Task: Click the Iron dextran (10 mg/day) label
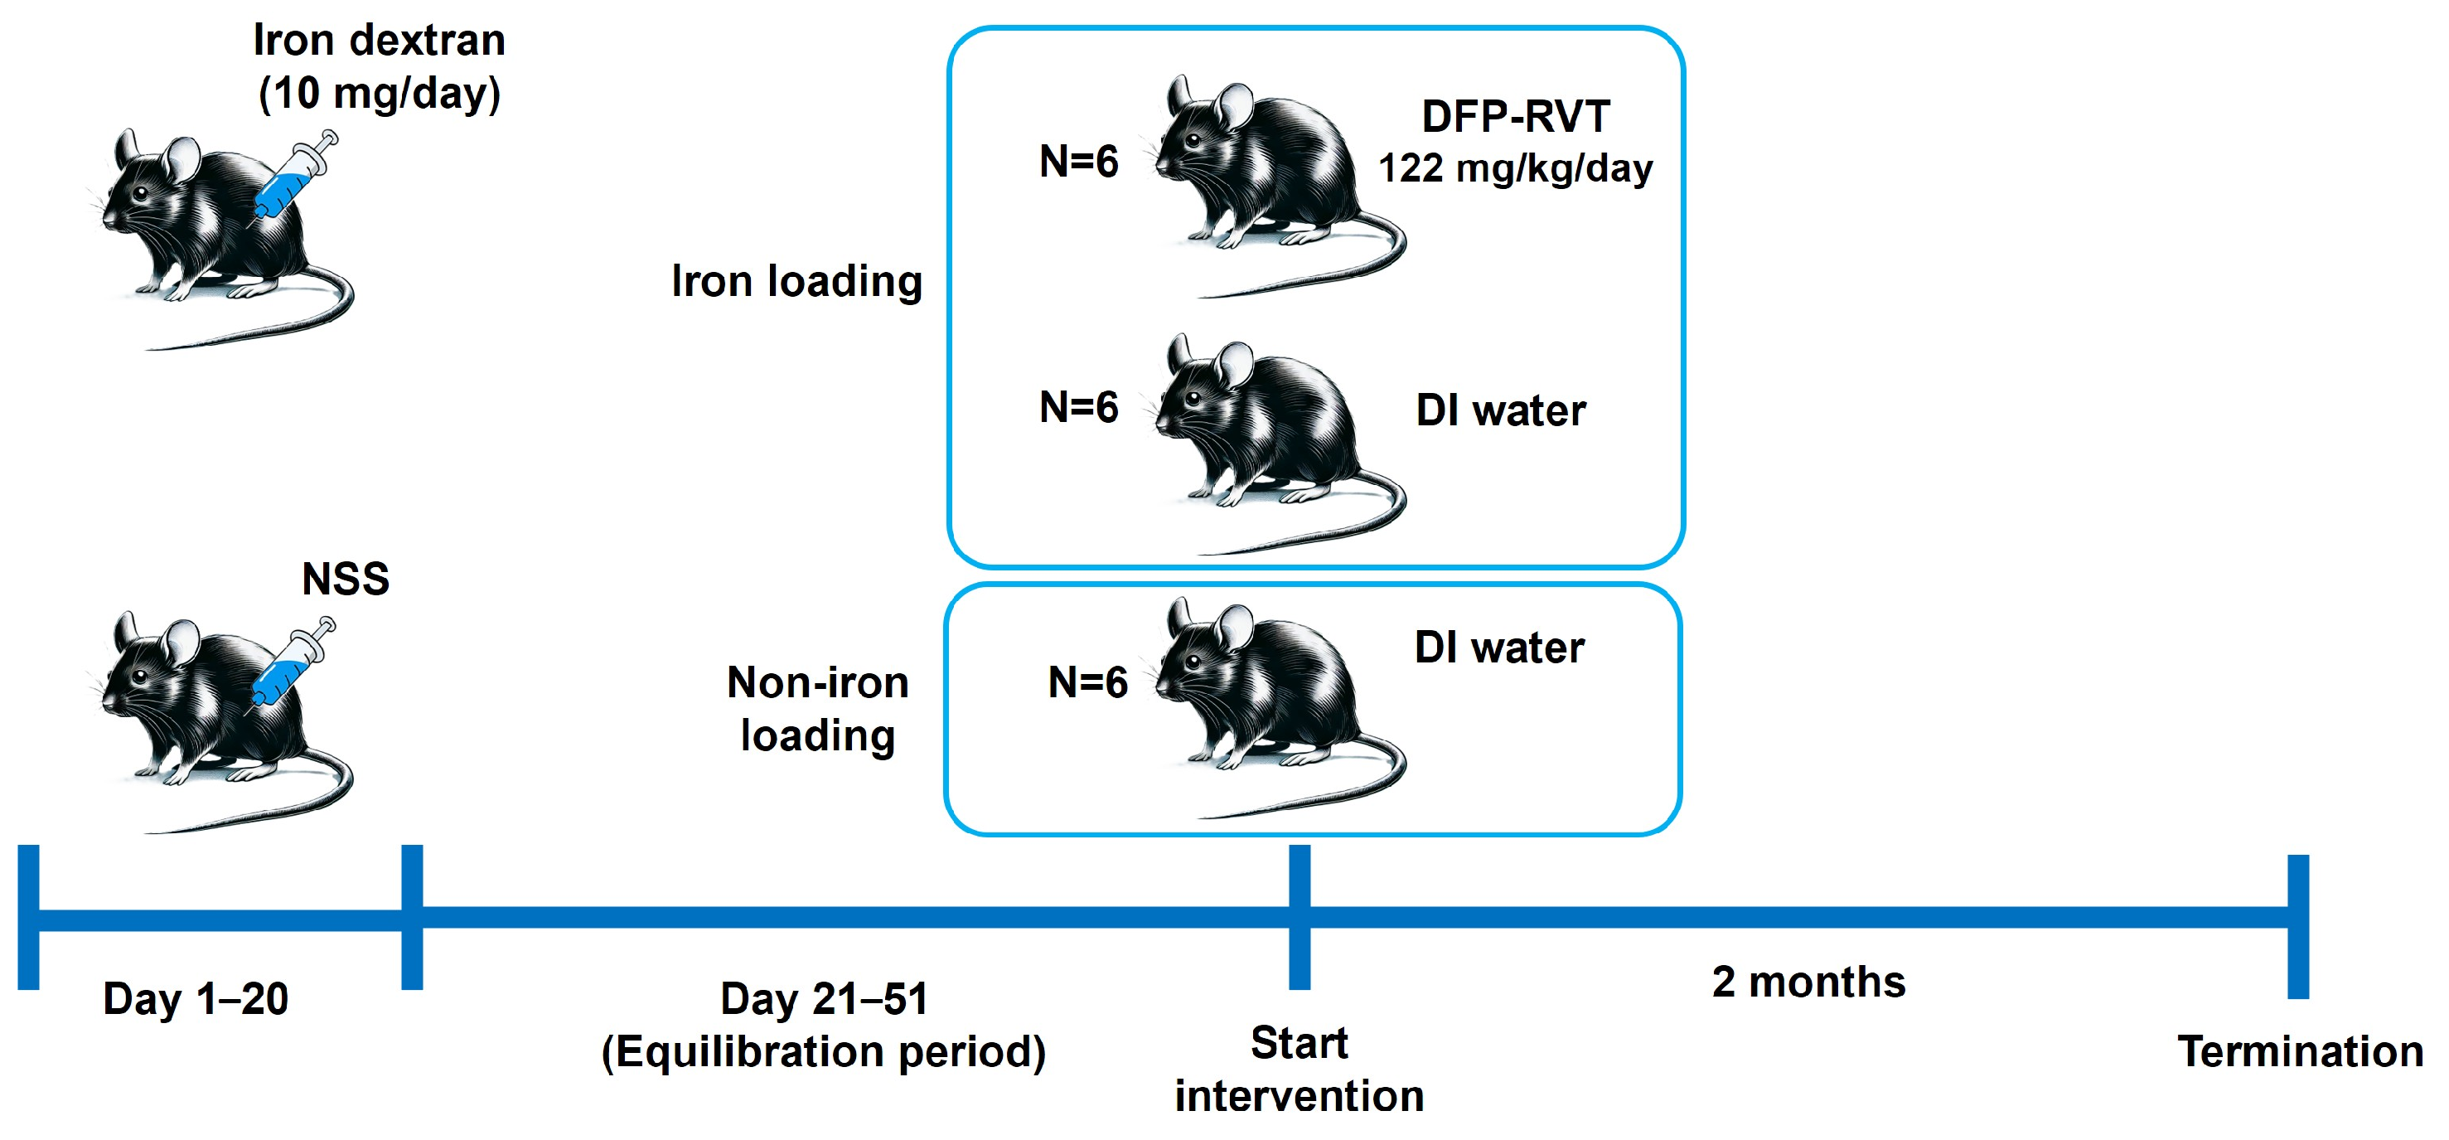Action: tap(380, 66)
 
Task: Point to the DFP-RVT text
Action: tap(1516, 117)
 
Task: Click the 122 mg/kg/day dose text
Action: tap(1516, 168)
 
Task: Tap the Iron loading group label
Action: tap(796, 281)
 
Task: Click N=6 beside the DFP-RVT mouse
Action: tap(1079, 162)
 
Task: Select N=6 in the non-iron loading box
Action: tap(1087, 682)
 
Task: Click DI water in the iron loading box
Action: tap(1501, 410)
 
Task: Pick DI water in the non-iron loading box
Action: tap(1499, 648)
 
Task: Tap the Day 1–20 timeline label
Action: tap(196, 999)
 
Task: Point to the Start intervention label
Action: tap(1299, 1070)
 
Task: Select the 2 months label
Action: tap(1808, 982)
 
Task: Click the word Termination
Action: tap(2301, 1052)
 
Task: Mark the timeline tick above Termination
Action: tap(2298, 927)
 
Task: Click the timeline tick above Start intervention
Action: tap(1300, 918)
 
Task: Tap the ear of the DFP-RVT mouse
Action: tap(1235, 105)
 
